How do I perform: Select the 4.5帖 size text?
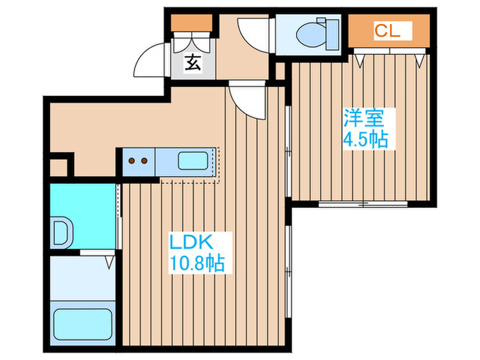tap(365, 141)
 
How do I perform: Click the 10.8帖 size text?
tap(197, 263)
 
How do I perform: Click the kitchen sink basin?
tap(194, 162)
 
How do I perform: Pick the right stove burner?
tap(145, 162)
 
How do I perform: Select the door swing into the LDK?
tap(245, 99)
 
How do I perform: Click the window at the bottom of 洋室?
tap(363, 204)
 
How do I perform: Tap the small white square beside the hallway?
tap(59, 167)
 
